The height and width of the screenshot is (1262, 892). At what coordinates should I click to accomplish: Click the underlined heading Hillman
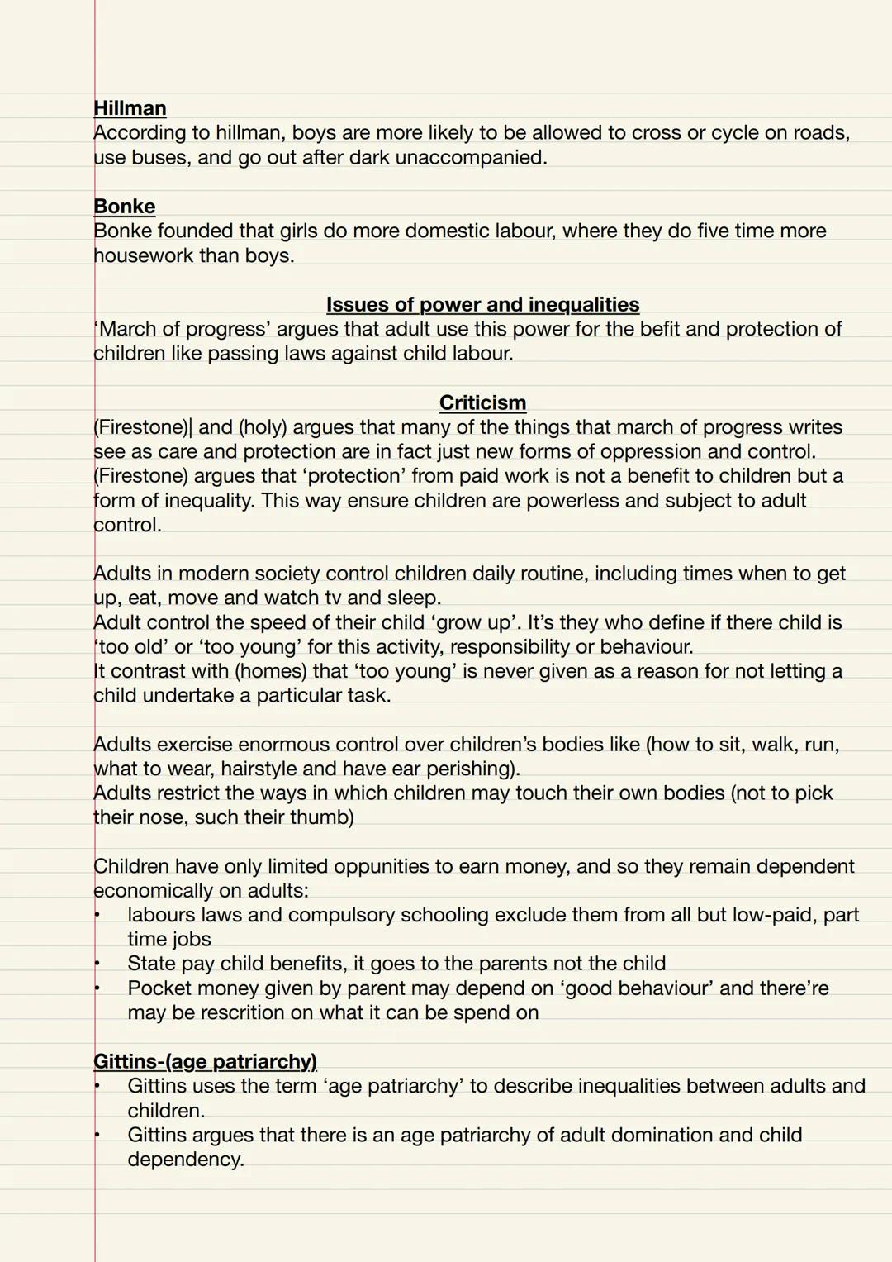130,108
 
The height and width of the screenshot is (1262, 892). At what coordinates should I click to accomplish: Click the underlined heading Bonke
124,207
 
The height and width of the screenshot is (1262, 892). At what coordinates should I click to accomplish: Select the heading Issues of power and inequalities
482,305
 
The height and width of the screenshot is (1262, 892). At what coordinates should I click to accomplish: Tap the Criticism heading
482,403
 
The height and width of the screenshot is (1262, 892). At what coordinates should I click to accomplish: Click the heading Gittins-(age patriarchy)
205,1061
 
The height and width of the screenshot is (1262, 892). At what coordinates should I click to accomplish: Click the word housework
142,256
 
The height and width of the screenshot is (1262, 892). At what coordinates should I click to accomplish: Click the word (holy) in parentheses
263,427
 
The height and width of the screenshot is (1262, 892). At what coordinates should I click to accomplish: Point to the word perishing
470,769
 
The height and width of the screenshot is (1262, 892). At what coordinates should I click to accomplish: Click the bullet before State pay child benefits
97,964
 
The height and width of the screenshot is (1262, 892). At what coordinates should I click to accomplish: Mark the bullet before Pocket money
97,988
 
